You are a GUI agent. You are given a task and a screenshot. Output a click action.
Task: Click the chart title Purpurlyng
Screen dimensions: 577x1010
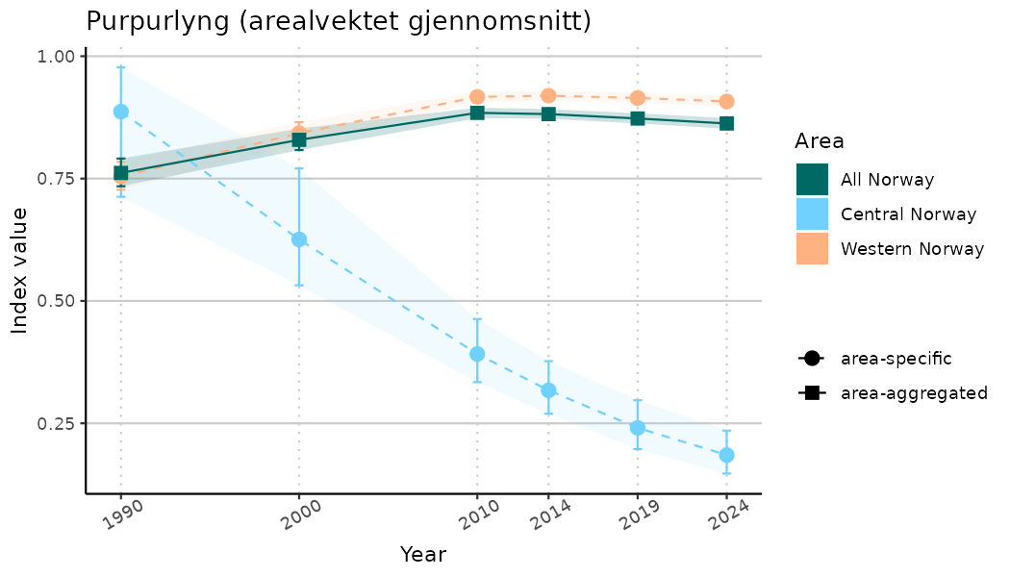point(338,21)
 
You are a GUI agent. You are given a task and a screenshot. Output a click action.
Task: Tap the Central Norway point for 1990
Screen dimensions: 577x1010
point(121,112)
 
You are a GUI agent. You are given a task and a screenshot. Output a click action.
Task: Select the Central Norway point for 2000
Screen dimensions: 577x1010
point(299,239)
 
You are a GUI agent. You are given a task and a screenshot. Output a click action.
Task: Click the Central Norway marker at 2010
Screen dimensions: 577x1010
point(477,354)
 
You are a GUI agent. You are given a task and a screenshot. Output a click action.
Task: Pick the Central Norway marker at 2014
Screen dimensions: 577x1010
point(548,390)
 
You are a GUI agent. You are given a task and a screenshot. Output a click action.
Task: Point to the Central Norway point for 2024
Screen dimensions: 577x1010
point(727,455)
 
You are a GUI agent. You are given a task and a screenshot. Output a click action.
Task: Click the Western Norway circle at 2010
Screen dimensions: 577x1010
point(477,97)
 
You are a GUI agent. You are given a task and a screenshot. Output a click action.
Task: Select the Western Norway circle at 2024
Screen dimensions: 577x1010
point(727,102)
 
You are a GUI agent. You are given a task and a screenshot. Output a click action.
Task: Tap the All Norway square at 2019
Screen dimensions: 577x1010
point(638,118)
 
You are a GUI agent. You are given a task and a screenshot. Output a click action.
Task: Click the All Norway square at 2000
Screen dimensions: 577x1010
point(299,140)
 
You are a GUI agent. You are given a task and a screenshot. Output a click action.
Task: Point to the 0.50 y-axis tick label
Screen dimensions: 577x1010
point(56,301)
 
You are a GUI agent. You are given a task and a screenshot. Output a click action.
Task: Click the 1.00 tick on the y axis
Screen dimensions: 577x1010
point(56,57)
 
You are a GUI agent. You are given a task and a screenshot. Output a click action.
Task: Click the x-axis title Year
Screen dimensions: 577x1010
point(423,555)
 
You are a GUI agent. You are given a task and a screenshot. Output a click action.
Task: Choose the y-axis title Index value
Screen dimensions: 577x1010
point(20,270)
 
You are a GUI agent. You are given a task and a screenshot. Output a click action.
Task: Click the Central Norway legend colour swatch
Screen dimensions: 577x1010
point(812,214)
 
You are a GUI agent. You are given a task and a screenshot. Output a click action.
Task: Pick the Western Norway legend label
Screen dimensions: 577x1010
point(912,249)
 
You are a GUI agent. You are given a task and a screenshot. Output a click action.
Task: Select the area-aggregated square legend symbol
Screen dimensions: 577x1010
point(812,392)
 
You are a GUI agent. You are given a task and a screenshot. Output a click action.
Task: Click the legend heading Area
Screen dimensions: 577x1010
point(820,141)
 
